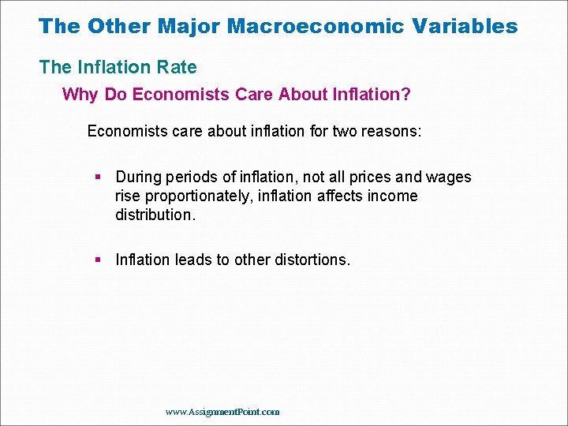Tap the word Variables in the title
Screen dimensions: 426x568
point(466,26)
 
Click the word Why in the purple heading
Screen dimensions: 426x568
point(79,95)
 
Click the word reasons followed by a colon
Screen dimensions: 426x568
point(396,130)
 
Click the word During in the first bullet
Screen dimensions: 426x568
point(139,177)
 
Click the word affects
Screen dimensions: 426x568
point(345,196)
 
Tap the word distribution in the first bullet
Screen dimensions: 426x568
point(152,215)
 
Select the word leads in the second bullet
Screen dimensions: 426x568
point(196,260)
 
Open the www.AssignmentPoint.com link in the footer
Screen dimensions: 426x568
point(222,412)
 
